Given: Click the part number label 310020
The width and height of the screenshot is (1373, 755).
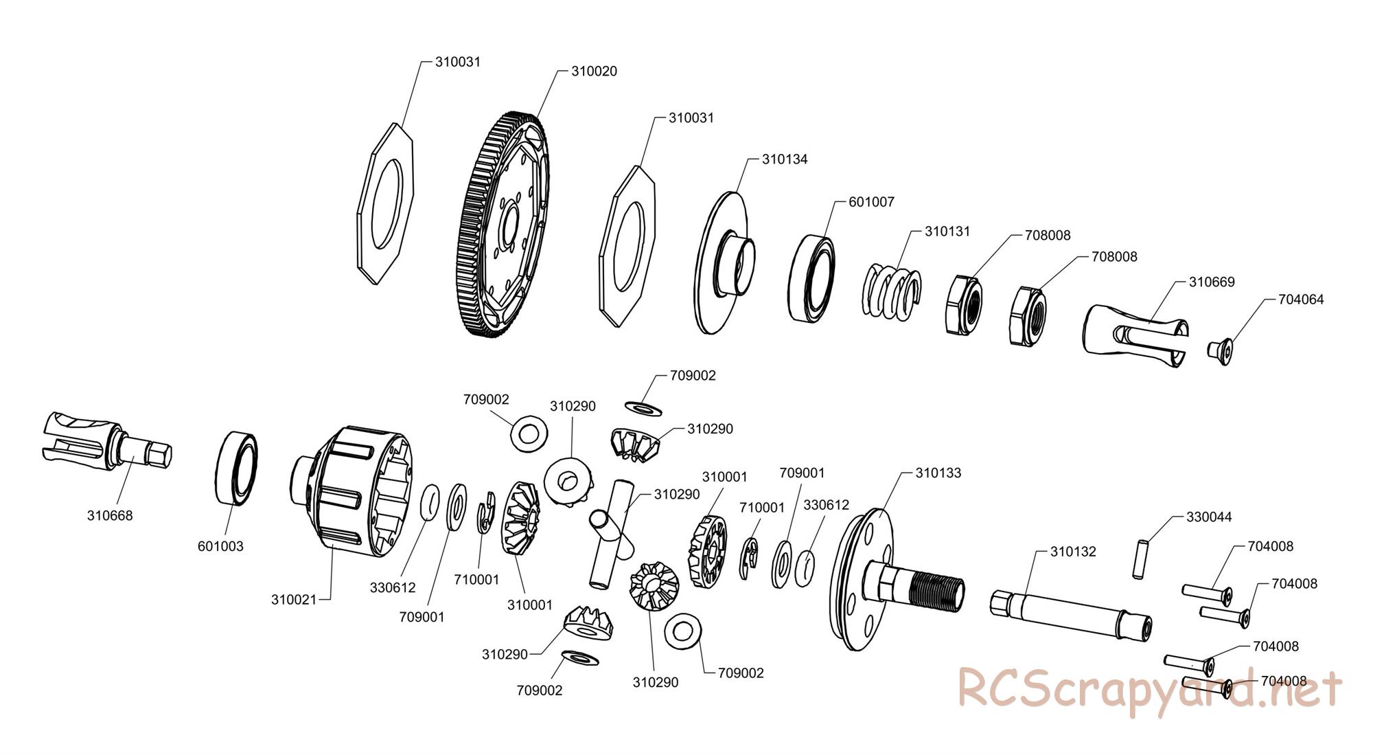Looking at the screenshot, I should (x=594, y=71).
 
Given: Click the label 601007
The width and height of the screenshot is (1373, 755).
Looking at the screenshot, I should (x=871, y=202).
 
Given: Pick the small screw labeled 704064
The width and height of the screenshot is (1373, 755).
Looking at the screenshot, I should (x=1219, y=350).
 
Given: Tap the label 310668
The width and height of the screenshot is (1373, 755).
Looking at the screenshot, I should (x=110, y=516).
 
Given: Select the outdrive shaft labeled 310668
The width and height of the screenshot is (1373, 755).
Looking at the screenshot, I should (x=107, y=443).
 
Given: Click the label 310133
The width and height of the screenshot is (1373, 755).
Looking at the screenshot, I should (x=938, y=473).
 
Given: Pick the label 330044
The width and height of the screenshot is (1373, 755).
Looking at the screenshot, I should (x=1209, y=517).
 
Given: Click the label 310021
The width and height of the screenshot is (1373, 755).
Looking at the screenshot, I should (x=294, y=600).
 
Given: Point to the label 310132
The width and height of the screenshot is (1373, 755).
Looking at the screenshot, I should (x=1073, y=552).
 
